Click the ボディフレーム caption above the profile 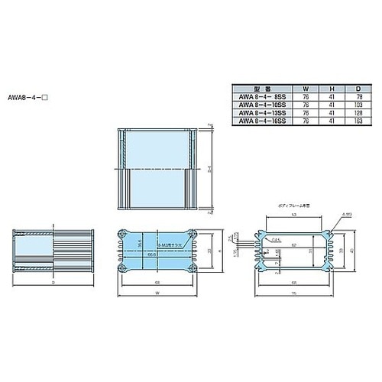click(x=291, y=207)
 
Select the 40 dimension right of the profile click(x=351, y=250)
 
